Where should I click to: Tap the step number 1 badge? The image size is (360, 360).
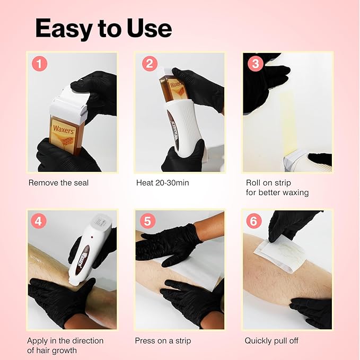[40, 64]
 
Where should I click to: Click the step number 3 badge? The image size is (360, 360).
[256, 64]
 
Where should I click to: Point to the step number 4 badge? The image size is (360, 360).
[40, 221]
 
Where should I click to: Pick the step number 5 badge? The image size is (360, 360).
[148, 221]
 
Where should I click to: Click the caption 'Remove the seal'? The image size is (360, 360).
[58, 183]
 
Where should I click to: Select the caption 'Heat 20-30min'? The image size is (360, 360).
[162, 183]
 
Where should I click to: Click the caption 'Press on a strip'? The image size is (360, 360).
[163, 340]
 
